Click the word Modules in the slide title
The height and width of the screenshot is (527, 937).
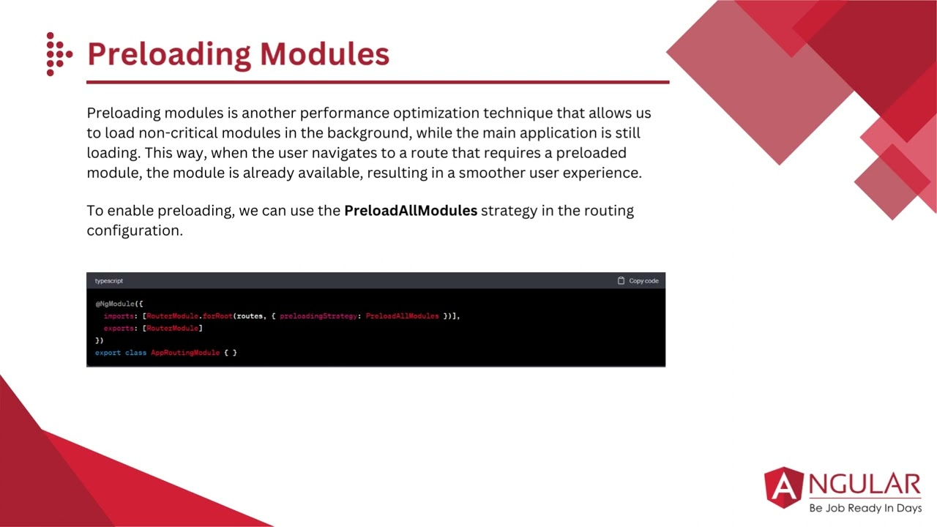pyautogui.click(x=324, y=54)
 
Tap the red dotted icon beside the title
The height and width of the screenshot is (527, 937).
pyautogui.click(x=58, y=54)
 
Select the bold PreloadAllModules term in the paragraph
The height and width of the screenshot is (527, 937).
pyautogui.click(x=410, y=211)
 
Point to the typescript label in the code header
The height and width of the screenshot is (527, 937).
pyautogui.click(x=109, y=281)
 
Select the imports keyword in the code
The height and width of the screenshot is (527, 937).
pyautogui.click(x=119, y=316)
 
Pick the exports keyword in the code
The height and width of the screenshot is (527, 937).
pyautogui.click(x=119, y=329)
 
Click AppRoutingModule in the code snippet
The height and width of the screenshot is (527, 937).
pyautogui.click(x=185, y=353)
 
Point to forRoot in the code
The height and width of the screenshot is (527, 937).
pyautogui.click(x=217, y=316)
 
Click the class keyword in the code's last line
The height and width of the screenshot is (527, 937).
pyautogui.click(x=135, y=353)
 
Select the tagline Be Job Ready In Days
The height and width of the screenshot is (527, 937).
pyautogui.click(x=865, y=508)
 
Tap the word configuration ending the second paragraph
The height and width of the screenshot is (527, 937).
pyautogui.click(x=134, y=231)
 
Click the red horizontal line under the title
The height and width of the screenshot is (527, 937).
pyautogui.click(x=378, y=82)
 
